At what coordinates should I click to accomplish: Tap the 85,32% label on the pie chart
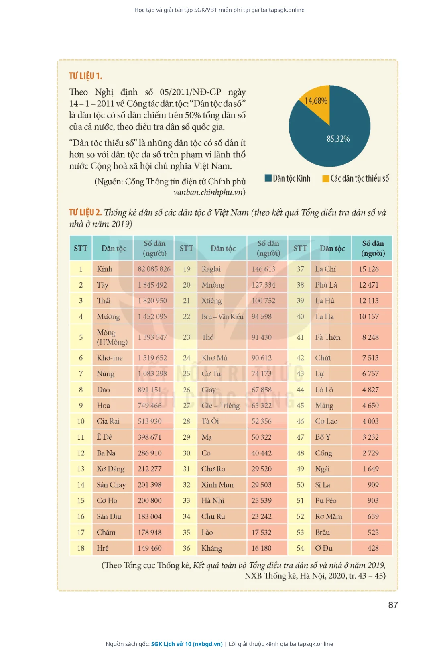pos(338,139)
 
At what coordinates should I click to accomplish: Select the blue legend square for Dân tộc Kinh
pos(268,178)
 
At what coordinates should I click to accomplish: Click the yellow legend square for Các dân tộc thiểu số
pos(326,179)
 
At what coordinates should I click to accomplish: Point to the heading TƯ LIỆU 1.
pos(85,76)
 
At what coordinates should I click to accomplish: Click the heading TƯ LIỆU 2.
pos(85,212)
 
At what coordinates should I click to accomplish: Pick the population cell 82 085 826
pos(154,269)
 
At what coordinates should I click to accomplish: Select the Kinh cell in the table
pos(113,269)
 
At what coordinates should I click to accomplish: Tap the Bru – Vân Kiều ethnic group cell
pos(222,316)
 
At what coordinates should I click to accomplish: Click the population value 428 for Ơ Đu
pos(372,548)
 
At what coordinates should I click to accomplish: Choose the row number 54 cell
pos(300,548)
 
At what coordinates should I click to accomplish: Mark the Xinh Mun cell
pos(222,484)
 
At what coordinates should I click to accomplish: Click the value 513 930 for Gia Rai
pos(154,421)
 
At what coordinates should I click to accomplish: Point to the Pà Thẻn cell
pos(331,337)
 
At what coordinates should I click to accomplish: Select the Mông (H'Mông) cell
pos(113,337)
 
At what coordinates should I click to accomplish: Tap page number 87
pos(393,605)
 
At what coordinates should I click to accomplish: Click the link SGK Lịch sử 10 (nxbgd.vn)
pos(187,644)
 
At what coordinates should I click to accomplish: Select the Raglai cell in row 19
pos(222,269)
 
